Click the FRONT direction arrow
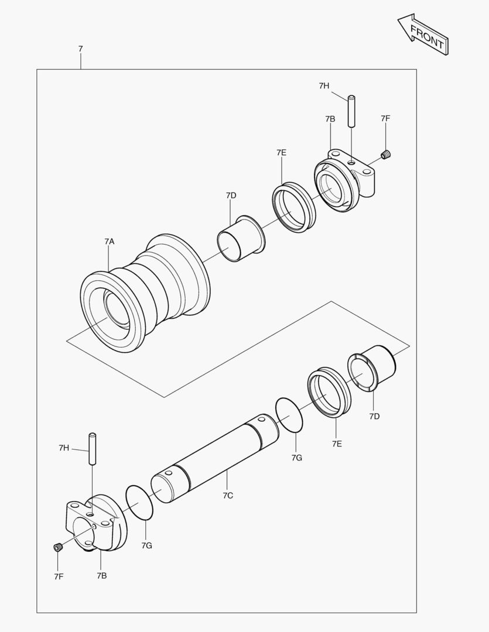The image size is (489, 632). click(423, 35)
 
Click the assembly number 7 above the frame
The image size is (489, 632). click(80, 49)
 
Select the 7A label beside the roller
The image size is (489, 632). click(110, 241)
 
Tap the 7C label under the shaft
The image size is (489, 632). click(228, 496)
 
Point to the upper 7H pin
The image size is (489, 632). click(351, 111)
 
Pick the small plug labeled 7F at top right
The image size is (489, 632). click(386, 154)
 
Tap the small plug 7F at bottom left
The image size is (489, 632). click(58, 547)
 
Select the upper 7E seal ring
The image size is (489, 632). click(293, 207)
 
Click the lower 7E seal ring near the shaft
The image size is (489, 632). click(329, 392)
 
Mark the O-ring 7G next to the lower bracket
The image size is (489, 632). click(139, 502)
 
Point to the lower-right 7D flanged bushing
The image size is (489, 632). click(372, 369)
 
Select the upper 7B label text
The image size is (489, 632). click(330, 119)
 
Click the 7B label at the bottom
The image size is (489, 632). click(102, 576)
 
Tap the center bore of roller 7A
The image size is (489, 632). click(115, 309)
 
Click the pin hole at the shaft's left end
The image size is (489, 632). click(169, 472)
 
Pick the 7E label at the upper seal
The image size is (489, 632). click(282, 152)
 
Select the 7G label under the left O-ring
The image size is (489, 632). click(146, 545)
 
